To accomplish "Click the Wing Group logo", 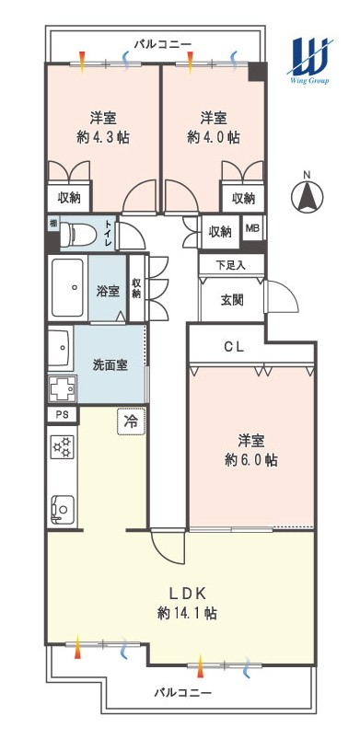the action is point(309,60).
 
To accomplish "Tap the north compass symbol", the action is point(307,195).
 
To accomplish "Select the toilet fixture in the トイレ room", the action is point(79,233).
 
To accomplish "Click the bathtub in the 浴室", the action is point(68,287).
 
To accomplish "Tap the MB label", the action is point(251,228).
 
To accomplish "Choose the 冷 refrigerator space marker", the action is point(131,421).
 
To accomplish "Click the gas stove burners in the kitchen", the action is point(63,447).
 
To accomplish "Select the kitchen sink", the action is point(63,509).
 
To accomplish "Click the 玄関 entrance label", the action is point(232,300).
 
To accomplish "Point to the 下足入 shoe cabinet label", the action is point(231,265).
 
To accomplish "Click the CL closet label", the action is point(234,347).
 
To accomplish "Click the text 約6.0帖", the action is point(250,460).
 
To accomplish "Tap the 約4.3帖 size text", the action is point(103,137).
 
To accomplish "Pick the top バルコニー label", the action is point(163,45).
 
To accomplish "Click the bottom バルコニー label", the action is point(183,693).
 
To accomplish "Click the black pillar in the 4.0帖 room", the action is point(258,72).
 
